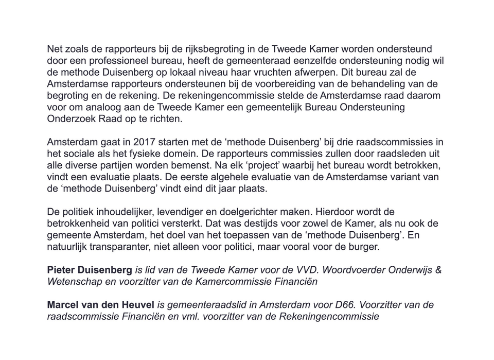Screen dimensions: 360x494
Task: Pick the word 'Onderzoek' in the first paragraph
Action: point(68,118)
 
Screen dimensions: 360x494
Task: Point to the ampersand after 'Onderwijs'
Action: point(438,270)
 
